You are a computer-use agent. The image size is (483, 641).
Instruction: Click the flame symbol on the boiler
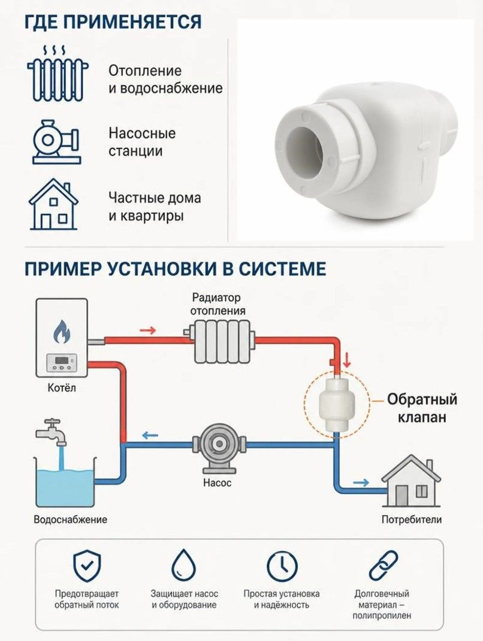(x=62, y=331)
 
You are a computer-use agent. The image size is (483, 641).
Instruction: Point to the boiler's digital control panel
(x=61, y=363)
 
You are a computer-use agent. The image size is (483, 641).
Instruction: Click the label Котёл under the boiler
(x=62, y=388)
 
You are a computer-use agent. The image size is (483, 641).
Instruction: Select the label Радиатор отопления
(x=216, y=303)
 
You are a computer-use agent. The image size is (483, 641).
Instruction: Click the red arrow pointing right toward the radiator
(x=148, y=330)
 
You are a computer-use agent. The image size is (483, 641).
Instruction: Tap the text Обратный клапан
(x=422, y=408)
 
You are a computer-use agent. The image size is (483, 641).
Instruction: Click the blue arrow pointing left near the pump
(x=149, y=435)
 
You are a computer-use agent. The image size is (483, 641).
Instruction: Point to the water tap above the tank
(x=51, y=432)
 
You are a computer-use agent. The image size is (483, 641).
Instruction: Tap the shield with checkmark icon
(x=86, y=566)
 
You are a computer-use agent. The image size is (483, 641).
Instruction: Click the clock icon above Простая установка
(x=282, y=566)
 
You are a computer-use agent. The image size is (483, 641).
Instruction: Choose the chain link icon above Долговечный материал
(x=383, y=566)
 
